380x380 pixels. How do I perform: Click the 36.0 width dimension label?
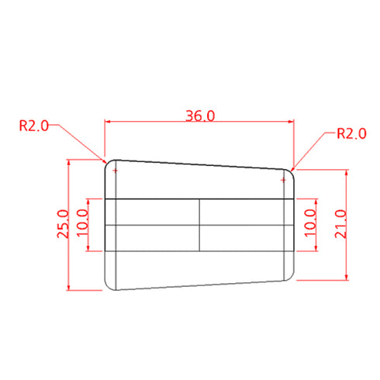point(199,116)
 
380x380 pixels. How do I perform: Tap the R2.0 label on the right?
point(351,133)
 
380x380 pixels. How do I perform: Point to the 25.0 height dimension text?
point(63,225)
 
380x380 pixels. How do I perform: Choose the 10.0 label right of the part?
point(310,224)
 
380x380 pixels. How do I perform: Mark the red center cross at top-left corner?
point(116,171)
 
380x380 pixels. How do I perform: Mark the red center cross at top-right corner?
point(284,180)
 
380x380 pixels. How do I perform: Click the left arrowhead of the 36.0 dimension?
point(109,122)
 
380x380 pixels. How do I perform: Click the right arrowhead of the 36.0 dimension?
point(291,122)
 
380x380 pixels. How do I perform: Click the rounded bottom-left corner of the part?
point(108,285)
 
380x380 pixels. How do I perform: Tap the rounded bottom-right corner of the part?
point(292,276)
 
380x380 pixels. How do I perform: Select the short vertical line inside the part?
point(200,225)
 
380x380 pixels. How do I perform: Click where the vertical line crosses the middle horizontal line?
point(200,225)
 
